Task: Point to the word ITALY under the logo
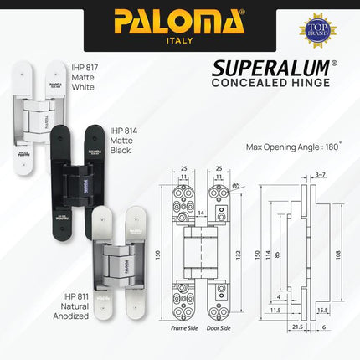point(179,39)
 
